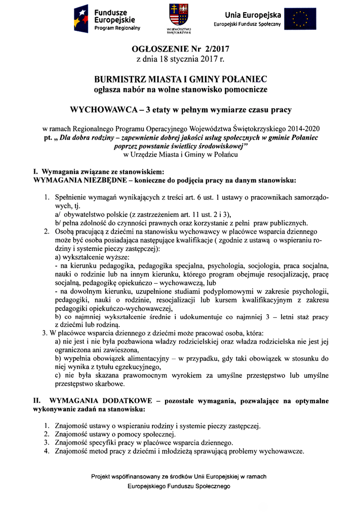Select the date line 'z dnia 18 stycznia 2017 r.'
click(180, 60)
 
